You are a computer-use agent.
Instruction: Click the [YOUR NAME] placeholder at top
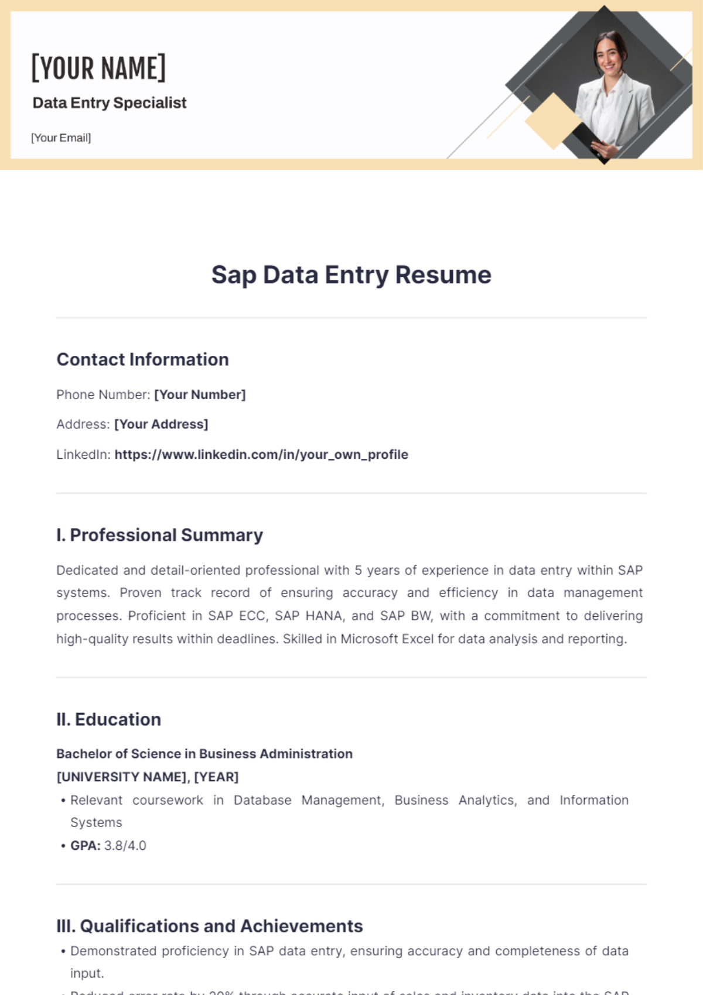coord(98,68)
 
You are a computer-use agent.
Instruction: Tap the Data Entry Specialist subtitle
coord(110,103)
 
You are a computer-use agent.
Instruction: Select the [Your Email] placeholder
coord(61,138)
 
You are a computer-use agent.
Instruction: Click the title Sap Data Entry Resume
coord(351,275)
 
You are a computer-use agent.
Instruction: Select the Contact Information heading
coord(142,359)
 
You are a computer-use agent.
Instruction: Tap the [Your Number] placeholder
coord(200,395)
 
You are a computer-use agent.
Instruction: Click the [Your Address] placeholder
coord(161,424)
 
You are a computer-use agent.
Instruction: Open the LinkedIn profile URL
coord(261,455)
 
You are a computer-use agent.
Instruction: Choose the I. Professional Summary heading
coord(159,535)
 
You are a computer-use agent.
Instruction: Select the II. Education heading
coord(108,719)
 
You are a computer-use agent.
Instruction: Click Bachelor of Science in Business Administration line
coord(204,754)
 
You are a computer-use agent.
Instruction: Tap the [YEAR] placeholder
coord(216,777)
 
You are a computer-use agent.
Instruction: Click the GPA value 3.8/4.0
coord(125,846)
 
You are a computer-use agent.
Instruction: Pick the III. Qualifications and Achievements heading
coord(209,926)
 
